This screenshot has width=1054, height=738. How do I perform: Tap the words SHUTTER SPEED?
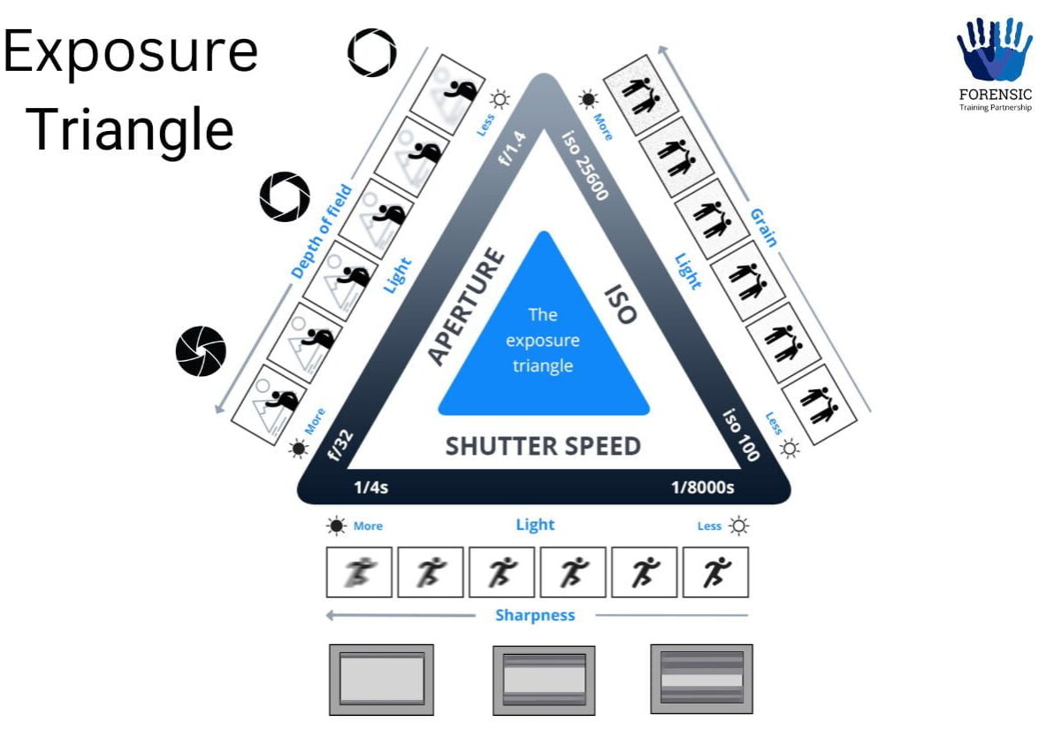click(x=543, y=446)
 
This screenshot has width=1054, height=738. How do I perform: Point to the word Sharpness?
click(x=535, y=615)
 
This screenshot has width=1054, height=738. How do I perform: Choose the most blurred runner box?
click(x=359, y=572)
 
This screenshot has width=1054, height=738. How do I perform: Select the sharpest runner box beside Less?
click(x=715, y=572)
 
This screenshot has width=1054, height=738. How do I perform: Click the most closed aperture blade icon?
click(x=201, y=351)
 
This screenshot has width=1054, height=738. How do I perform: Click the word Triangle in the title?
click(x=131, y=129)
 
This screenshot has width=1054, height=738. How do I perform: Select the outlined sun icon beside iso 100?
click(x=789, y=450)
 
